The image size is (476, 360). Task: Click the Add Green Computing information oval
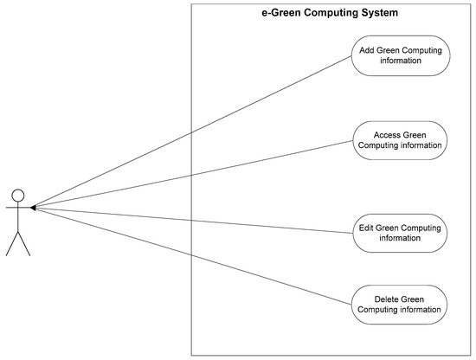click(x=400, y=55)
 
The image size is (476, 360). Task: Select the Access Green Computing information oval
click(x=400, y=140)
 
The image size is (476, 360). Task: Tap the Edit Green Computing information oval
click(x=400, y=233)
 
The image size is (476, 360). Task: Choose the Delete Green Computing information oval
click(x=400, y=305)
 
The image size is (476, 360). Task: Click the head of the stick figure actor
click(x=18, y=195)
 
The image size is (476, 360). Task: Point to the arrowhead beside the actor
click(x=32, y=208)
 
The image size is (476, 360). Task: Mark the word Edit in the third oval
click(x=367, y=228)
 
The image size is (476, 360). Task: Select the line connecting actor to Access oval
click(x=190, y=173)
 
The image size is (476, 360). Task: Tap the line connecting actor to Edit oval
click(x=190, y=220)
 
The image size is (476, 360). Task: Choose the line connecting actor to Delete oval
click(x=190, y=255)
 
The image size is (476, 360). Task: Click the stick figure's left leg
click(x=11, y=244)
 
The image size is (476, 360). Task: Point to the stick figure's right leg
click(x=24, y=244)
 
